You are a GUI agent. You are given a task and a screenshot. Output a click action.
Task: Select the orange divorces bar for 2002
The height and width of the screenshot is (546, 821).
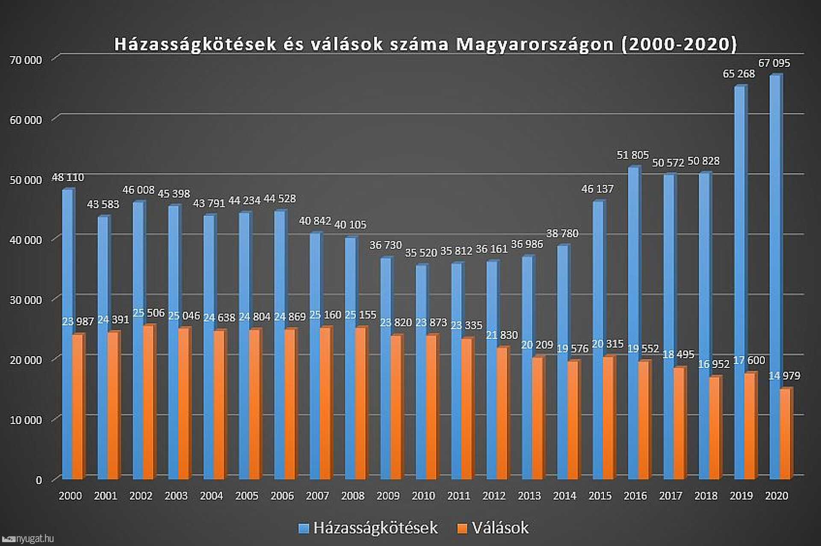(148, 402)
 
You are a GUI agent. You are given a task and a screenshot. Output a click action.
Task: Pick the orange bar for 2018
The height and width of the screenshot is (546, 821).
(715, 427)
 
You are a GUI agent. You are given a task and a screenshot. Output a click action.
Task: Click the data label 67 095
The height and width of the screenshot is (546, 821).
(774, 63)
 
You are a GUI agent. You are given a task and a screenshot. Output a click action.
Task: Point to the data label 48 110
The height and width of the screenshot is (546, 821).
(68, 177)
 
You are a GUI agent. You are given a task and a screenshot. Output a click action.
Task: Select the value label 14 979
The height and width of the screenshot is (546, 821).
(784, 376)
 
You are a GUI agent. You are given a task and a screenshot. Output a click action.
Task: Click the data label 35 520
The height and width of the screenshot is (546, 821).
(421, 252)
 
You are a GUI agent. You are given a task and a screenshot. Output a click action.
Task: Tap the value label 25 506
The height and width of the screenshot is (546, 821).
(148, 313)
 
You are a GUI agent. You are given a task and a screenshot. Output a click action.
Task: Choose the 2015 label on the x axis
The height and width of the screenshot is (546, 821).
(600, 496)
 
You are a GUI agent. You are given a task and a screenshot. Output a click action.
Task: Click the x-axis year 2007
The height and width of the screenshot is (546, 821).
(317, 496)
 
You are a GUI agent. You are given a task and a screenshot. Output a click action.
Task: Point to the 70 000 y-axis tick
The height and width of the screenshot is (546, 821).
(26, 60)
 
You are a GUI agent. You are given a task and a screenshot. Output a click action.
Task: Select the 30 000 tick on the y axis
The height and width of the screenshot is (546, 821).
(26, 300)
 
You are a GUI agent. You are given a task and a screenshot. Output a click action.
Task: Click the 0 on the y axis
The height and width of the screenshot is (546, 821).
(38, 480)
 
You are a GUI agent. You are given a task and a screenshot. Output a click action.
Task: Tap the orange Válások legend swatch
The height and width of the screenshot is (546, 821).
(462, 528)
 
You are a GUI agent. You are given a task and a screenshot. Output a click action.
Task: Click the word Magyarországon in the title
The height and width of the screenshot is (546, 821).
(535, 44)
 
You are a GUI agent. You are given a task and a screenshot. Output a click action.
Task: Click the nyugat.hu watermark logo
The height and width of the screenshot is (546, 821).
(27, 539)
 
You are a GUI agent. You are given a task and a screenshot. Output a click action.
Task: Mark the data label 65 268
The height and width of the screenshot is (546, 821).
(738, 74)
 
